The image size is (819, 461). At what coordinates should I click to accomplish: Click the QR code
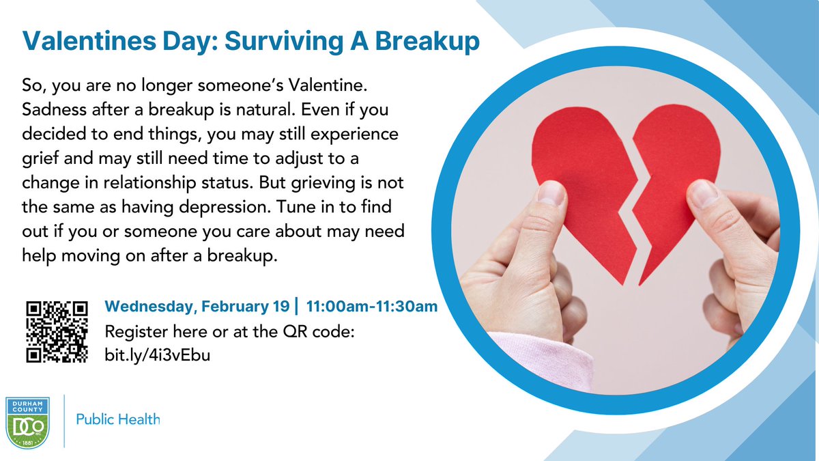tap(57, 331)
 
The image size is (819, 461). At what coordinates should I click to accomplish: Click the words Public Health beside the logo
tap(117, 419)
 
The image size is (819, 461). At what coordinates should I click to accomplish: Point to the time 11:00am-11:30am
tap(372, 307)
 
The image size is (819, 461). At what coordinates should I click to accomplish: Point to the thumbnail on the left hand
tap(550, 193)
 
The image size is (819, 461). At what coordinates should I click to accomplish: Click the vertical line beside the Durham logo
tap(64, 420)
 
